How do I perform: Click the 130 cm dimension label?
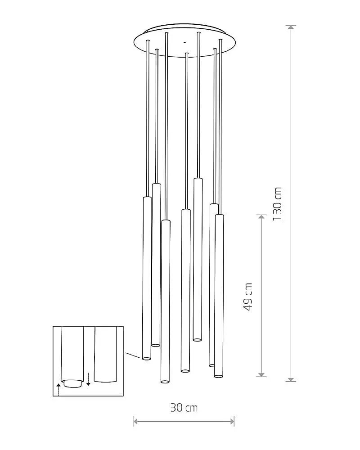277,204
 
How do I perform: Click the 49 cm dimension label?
247,297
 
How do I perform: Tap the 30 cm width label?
184,408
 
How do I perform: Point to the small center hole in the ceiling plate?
184,42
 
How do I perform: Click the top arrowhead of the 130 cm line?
291,27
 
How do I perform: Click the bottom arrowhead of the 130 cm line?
291,379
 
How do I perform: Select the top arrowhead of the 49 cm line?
261,217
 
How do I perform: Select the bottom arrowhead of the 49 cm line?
261,374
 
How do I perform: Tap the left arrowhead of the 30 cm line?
136,422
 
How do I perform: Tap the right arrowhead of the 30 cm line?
232,422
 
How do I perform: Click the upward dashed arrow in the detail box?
58,389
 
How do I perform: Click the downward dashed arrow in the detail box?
88,379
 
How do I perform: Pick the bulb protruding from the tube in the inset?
72,384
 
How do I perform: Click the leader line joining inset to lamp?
133,355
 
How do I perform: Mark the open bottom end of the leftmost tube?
146,359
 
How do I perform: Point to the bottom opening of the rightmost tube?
218,376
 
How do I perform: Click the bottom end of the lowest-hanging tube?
165,381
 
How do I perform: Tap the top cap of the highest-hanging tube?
198,179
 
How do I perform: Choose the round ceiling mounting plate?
185,41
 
